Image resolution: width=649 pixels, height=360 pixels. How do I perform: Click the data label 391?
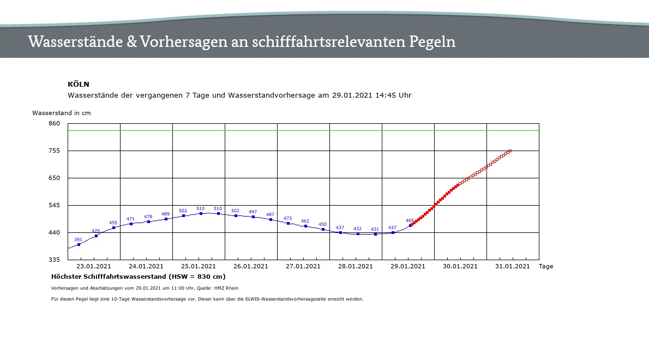tap(78, 239)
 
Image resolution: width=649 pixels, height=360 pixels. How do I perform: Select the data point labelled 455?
tap(113, 228)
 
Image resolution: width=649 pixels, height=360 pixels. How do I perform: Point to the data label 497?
tap(253, 212)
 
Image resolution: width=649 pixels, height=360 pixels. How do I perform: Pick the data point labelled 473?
tap(288, 223)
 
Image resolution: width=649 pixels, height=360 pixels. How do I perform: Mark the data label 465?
tap(410, 220)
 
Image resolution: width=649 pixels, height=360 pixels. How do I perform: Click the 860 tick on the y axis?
tap(54, 123)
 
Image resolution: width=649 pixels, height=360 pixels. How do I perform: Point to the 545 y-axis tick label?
tap(54, 205)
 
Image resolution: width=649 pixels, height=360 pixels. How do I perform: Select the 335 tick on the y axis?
tap(54, 260)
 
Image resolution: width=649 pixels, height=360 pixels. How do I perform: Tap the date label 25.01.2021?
tap(199, 267)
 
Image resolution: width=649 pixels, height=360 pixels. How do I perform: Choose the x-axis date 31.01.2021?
tap(513, 267)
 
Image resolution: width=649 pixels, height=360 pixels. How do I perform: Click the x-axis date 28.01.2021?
tap(356, 267)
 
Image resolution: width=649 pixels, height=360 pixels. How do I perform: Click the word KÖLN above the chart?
tap(79, 85)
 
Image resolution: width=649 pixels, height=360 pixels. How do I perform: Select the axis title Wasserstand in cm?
tap(62, 113)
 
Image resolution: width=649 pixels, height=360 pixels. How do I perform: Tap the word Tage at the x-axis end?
tap(546, 267)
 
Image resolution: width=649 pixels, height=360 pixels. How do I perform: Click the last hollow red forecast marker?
tap(510, 151)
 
